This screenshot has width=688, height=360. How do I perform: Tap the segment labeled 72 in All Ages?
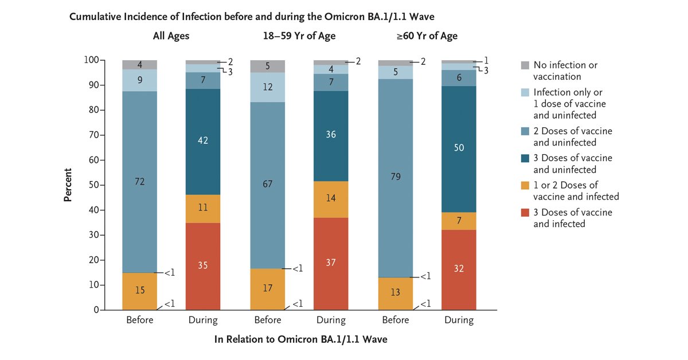coord(139,182)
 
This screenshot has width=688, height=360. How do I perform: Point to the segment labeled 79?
coord(395,178)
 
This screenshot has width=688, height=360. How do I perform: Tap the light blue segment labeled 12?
coord(267,87)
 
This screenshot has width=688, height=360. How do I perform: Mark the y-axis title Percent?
coord(68,185)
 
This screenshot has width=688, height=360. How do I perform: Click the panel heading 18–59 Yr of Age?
coord(295,36)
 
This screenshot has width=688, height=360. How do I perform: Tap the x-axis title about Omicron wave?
coord(300,339)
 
